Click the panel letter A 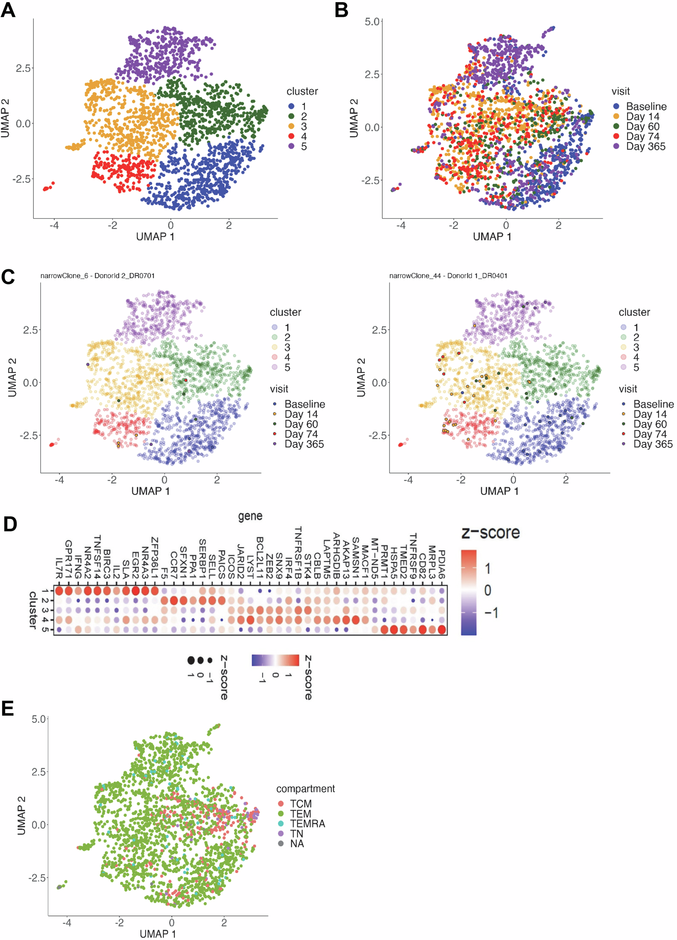(x=8, y=10)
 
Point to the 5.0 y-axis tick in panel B (x=372, y=21)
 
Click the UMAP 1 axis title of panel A (x=155, y=236)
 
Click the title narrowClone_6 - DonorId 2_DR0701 (x=97, y=276)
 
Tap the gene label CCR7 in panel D (x=174, y=566)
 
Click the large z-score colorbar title (x=490, y=532)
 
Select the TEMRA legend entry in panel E (x=307, y=823)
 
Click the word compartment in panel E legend (x=305, y=788)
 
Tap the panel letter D (x=10, y=524)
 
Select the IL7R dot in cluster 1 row (x=59, y=591)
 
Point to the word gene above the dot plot (x=250, y=516)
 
